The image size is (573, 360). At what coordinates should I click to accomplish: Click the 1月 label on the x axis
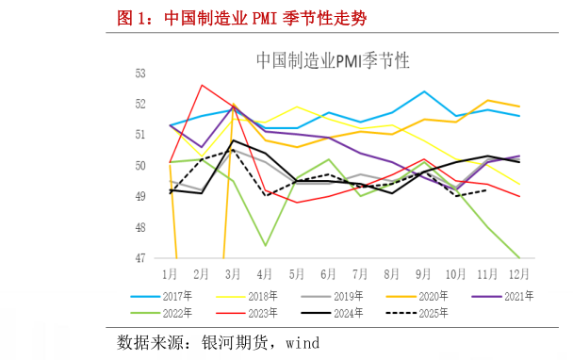click(170, 274)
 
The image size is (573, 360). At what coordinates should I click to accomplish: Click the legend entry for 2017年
click(178, 295)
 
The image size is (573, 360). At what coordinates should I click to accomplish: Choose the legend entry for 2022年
click(178, 312)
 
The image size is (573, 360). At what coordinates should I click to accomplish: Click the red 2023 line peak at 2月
click(202, 85)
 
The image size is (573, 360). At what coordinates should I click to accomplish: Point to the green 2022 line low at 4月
click(266, 245)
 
